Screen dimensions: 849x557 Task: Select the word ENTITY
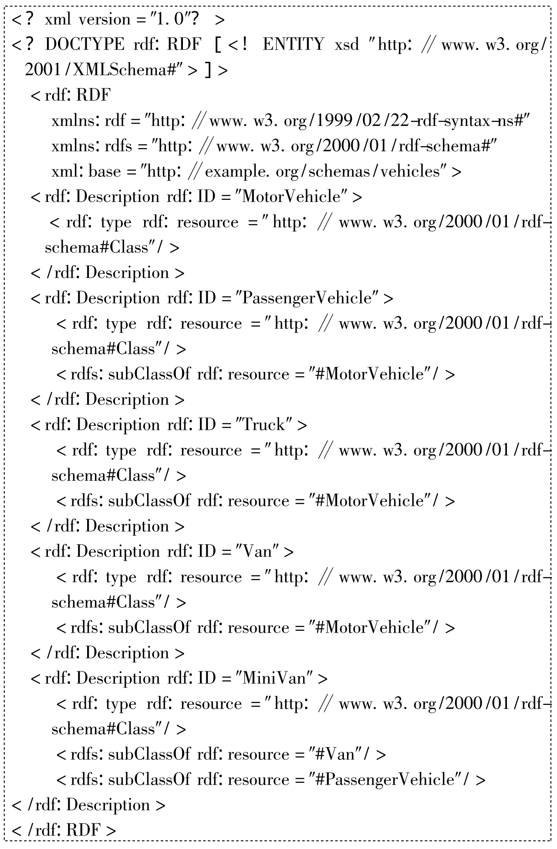294,44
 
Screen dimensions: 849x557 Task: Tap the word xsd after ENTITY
347,44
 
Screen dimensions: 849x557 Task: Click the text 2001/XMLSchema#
101,70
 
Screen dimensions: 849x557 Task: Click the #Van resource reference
334,754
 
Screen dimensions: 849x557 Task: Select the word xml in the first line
57,19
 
